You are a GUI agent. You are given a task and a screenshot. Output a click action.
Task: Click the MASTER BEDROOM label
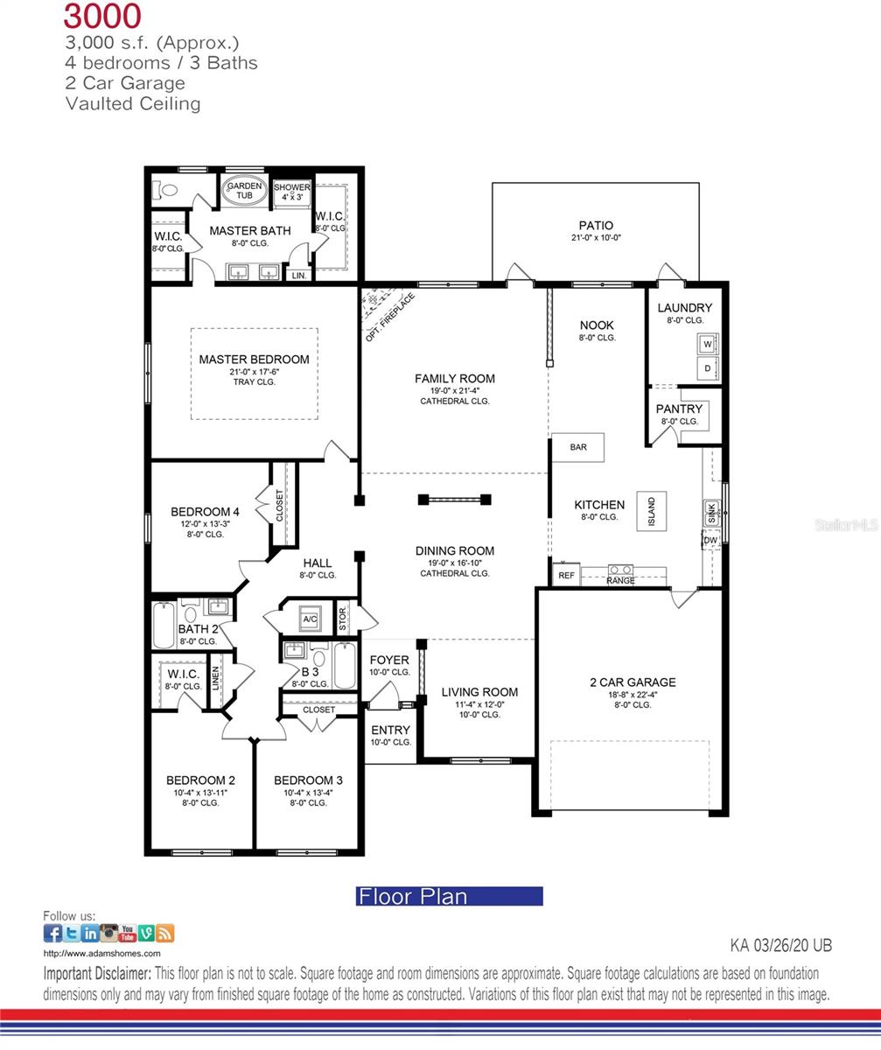pos(254,360)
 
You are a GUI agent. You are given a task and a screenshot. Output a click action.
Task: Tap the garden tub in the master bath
pos(244,191)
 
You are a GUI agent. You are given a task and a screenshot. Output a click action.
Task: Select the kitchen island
pos(652,510)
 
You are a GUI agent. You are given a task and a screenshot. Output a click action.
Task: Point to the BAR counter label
pos(578,447)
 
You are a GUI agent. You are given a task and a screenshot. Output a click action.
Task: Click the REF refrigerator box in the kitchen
pos(566,575)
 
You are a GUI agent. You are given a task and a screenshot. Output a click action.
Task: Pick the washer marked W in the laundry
pos(707,345)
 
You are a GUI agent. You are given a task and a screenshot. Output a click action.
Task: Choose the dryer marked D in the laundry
pos(707,368)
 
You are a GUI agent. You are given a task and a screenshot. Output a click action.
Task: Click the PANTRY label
pos(679,409)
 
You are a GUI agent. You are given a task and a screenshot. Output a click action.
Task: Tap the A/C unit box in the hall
pos(310,619)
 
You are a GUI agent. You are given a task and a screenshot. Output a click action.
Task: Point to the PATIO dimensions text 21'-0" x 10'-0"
pos(596,238)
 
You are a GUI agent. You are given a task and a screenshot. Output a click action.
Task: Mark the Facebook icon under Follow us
pos(52,934)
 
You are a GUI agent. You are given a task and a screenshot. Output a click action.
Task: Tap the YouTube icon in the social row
pos(128,934)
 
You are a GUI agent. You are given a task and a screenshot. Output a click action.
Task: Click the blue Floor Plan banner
pos(450,896)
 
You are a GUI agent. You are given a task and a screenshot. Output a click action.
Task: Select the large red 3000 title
pos(102,16)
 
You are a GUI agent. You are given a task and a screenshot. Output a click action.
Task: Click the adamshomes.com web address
pos(101,954)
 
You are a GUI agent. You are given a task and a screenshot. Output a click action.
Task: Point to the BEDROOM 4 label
pos(205,512)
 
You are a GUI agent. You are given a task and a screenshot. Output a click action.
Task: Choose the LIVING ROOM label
pos(479,691)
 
